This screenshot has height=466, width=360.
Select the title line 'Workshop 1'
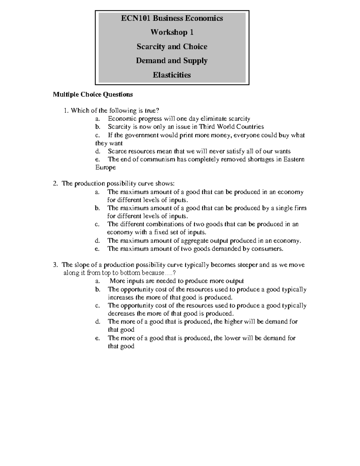click(172, 32)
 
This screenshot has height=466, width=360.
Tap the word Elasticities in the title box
click(172, 75)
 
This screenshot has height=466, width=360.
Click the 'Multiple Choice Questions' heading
click(93, 95)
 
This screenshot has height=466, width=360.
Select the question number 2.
click(55, 184)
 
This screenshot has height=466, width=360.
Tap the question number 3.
click(55, 265)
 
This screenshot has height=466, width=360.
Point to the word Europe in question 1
click(105, 167)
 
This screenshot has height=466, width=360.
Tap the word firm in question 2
click(300, 208)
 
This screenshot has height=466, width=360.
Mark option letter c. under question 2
click(97, 224)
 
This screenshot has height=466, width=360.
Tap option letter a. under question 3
click(97, 281)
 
